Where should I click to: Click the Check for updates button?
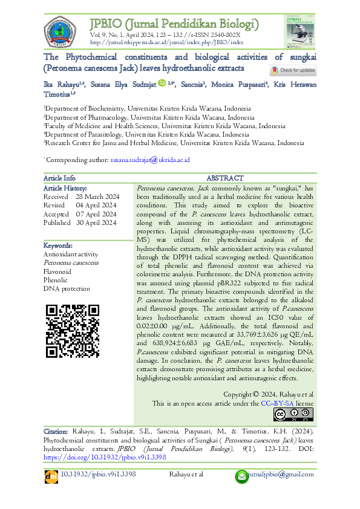293,71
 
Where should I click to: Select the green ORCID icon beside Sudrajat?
162,83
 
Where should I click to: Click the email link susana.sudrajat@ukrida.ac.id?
150,160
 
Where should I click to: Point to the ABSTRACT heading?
225,178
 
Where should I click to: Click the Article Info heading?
59,178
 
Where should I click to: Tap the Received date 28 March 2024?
97,197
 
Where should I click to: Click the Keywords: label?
58,246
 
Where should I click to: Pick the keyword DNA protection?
67,289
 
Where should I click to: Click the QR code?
73,332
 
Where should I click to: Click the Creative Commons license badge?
293,414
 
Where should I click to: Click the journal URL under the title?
166,43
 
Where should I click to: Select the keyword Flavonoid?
57,271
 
